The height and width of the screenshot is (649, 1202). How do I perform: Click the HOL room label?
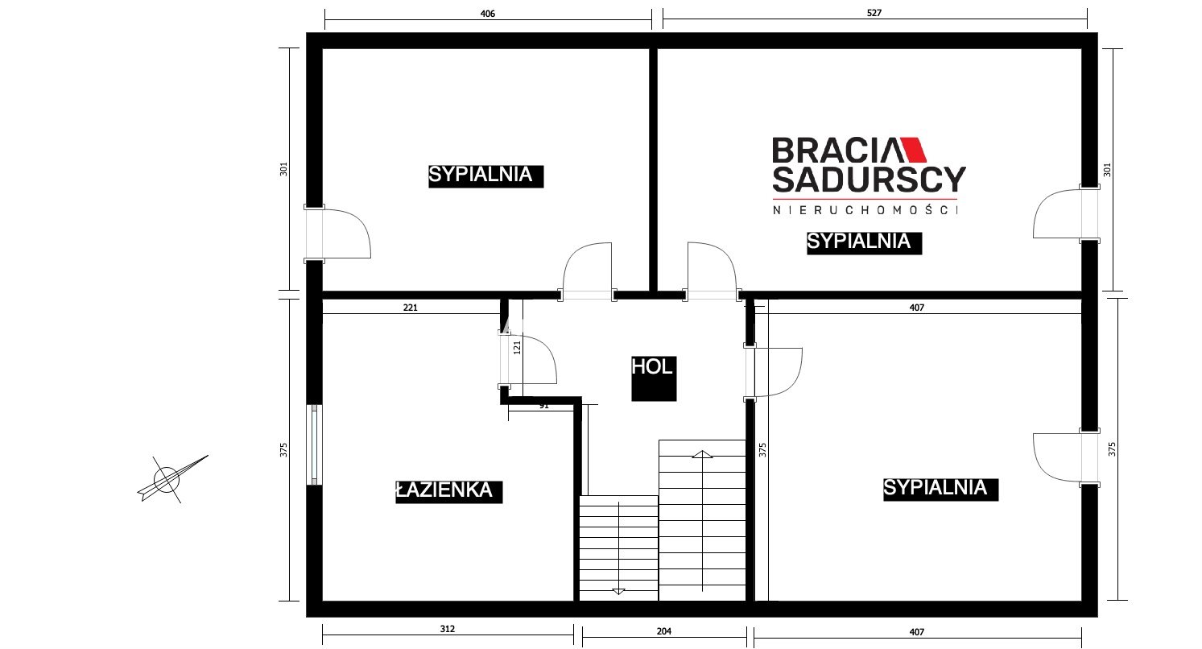652,367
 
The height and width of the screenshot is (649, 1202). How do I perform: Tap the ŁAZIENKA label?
444,490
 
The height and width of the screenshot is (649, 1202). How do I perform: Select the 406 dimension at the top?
487,14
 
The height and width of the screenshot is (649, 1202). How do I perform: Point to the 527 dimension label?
874,13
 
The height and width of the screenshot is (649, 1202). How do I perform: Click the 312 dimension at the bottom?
448,629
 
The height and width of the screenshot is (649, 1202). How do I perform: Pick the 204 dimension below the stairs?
663,631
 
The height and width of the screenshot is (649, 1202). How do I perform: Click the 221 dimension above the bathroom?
410,308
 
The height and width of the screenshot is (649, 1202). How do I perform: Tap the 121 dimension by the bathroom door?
518,347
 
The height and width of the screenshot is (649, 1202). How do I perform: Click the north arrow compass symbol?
169,479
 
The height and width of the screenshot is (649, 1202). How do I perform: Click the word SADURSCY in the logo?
869,180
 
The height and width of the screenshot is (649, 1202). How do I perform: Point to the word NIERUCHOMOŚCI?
865,210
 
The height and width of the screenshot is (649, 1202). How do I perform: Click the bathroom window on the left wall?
315,444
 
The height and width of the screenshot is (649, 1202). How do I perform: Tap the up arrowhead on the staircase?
702,454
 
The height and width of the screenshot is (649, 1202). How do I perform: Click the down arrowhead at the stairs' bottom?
618,592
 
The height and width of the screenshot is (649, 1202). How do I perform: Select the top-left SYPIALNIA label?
481,175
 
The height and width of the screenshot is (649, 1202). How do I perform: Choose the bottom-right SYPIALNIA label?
936,488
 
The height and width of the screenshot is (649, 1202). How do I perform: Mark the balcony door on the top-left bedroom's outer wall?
337,234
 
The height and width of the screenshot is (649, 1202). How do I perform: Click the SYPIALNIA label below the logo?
858,242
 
